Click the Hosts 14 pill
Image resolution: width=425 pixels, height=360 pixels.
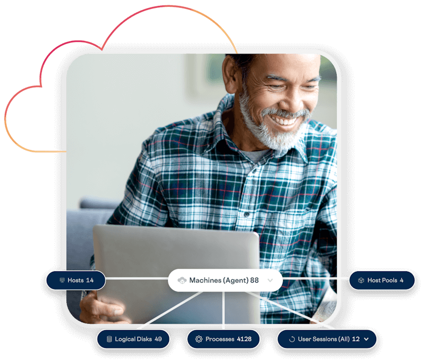(75, 280)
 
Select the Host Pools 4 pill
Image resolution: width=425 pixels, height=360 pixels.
(381, 280)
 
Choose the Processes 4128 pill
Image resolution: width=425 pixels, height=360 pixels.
(223, 339)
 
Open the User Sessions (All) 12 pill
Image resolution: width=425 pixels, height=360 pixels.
(326, 339)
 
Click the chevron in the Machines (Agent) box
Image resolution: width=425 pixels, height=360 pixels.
(270, 280)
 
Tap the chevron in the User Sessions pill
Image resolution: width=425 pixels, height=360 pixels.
(366, 339)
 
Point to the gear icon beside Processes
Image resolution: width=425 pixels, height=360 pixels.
(199, 339)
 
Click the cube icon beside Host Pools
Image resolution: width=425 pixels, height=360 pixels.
(361, 280)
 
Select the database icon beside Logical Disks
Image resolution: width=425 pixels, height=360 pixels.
(109, 339)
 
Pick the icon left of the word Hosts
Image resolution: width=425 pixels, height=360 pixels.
(62, 280)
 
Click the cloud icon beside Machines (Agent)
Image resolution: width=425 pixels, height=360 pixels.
(181, 280)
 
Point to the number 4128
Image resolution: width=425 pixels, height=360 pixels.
(244, 339)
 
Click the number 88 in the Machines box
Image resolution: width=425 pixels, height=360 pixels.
(254, 280)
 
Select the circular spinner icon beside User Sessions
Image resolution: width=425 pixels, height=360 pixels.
(291, 339)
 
